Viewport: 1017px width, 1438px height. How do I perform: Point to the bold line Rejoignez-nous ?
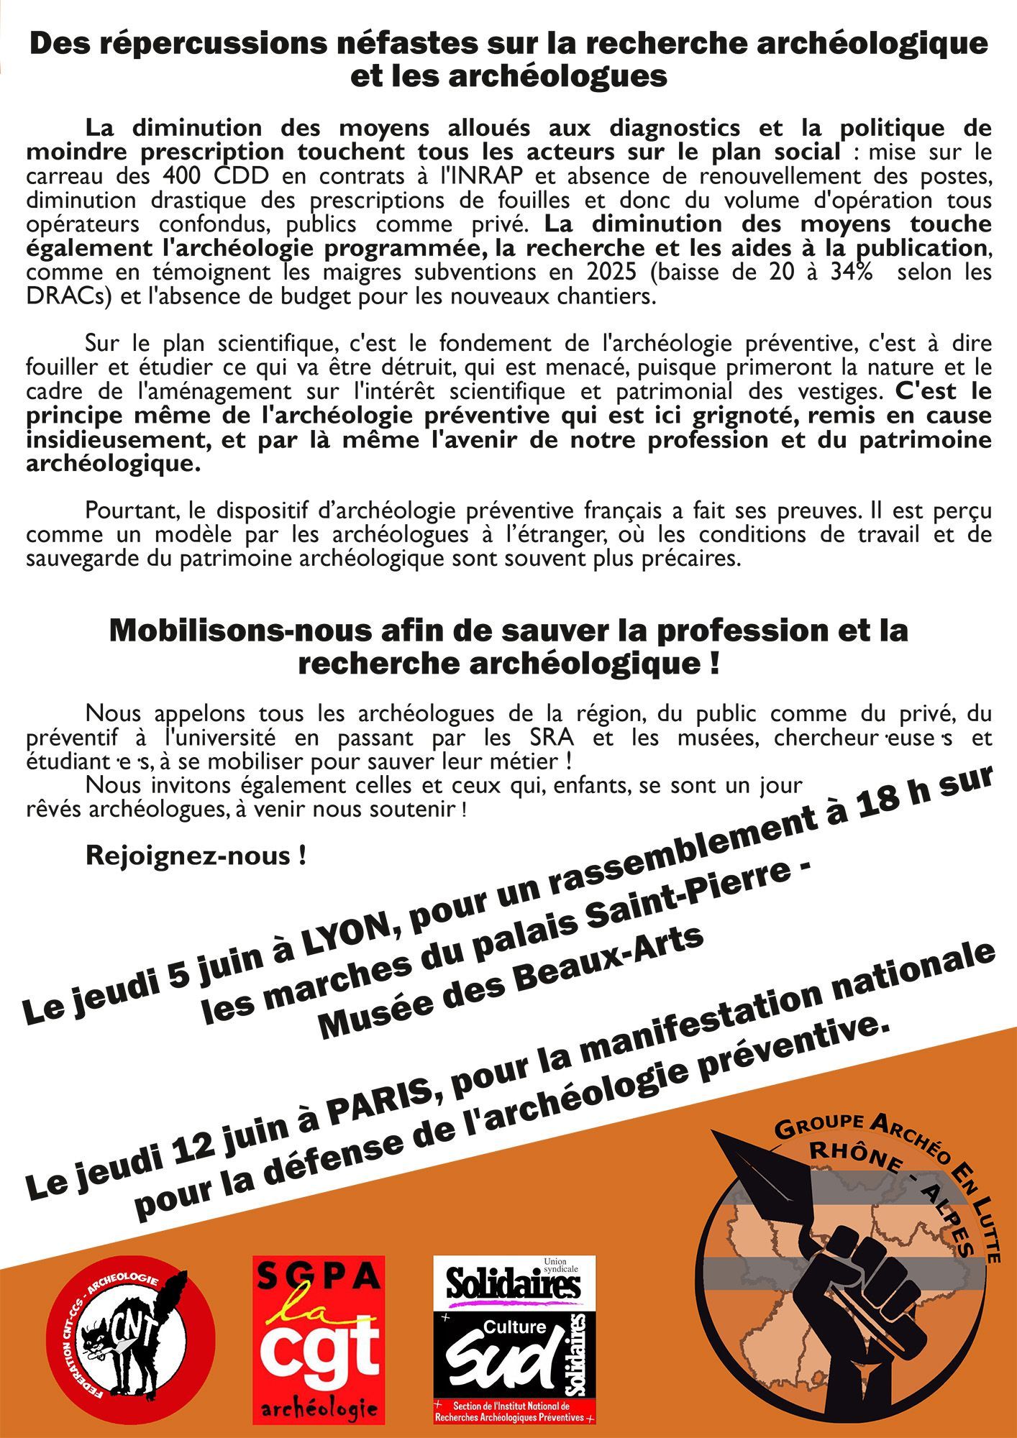coord(196,855)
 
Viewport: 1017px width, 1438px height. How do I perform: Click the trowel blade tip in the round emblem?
coord(716,1137)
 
